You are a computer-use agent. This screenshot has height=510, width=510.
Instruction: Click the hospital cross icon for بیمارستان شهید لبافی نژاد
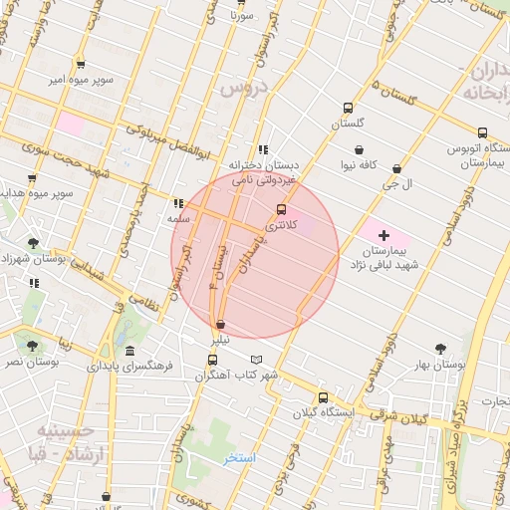(383, 235)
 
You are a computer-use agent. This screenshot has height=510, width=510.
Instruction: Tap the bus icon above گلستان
(348, 109)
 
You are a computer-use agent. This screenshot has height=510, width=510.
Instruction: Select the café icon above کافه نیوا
(357, 151)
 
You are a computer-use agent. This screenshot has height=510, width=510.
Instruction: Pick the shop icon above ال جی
(398, 169)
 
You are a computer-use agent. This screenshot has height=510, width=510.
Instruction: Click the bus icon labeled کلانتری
(281, 209)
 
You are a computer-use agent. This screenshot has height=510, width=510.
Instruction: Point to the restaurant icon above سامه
(178, 202)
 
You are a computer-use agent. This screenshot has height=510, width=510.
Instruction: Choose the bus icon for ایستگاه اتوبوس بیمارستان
(482, 132)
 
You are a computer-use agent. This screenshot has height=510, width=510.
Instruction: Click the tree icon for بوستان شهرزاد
(34, 242)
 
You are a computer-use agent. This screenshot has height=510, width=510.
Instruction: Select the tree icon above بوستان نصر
(33, 346)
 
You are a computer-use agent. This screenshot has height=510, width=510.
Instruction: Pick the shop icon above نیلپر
(220, 325)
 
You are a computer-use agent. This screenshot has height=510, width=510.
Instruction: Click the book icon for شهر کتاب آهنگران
(258, 360)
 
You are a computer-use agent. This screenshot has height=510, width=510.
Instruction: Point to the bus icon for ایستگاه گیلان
(321, 395)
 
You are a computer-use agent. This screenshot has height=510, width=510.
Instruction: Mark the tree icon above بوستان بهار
(440, 350)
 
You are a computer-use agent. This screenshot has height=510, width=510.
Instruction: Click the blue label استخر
(239, 458)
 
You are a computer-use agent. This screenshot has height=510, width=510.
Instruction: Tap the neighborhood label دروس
(238, 89)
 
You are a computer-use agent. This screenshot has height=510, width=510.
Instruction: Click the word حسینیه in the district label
(66, 430)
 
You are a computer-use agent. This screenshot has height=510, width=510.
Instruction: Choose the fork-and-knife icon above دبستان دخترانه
(262, 149)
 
